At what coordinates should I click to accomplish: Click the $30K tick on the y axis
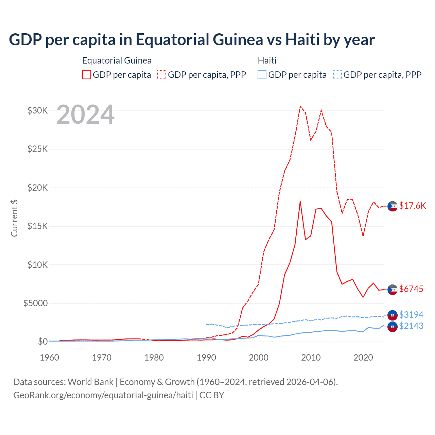click(x=38, y=110)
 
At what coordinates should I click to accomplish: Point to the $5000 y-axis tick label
click(x=36, y=303)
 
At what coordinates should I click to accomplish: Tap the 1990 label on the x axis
click(x=206, y=358)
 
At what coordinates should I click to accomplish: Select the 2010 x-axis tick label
click(x=311, y=358)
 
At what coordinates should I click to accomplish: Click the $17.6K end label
click(x=412, y=206)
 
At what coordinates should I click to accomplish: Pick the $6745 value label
click(x=411, y=289)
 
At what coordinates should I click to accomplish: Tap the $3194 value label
click(x=411, y=315)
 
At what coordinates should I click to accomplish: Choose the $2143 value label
click(x=411, y=326)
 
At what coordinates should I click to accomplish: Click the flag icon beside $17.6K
click(x=393, y=206)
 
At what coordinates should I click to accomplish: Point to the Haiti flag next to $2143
click(x=393, y=327)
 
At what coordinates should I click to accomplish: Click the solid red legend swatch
click(x=87, y=75)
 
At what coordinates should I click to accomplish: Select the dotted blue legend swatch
click(x=337, y=75)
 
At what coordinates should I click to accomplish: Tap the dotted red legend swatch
click(x=162, y=75)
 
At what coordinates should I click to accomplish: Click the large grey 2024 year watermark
click(x=86, y=115)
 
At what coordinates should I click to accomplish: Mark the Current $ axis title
click(x=14, y=218)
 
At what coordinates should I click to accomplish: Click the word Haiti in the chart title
click(x=302, y=40)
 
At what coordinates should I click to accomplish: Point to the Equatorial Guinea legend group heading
click(x=117, y=60)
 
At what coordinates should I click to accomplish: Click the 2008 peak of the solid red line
click(x=300, y=202)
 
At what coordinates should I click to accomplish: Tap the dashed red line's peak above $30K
click(x=300, y=106)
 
